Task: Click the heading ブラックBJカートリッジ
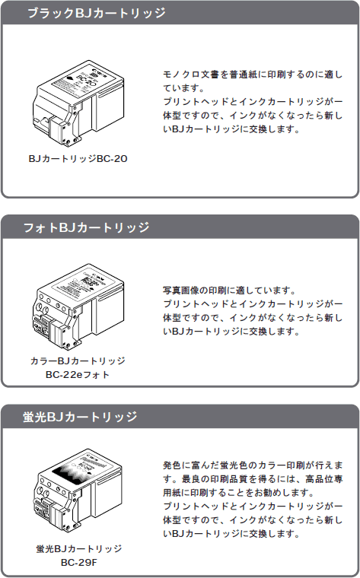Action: (x=96, y=13)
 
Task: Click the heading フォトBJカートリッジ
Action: (x=86, y=227)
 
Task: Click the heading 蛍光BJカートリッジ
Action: (x=80, y=417)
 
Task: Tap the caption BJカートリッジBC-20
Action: (x=78, y=158)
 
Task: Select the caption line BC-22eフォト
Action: (x=78, y=374)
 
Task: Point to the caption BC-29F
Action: (x=78, y=563)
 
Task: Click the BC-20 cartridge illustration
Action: (x=78, y=102)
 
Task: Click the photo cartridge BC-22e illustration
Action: (x=78, y=306)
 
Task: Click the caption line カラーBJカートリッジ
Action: (x=78, y=360)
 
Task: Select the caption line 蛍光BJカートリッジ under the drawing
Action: (x=79, y=548)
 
